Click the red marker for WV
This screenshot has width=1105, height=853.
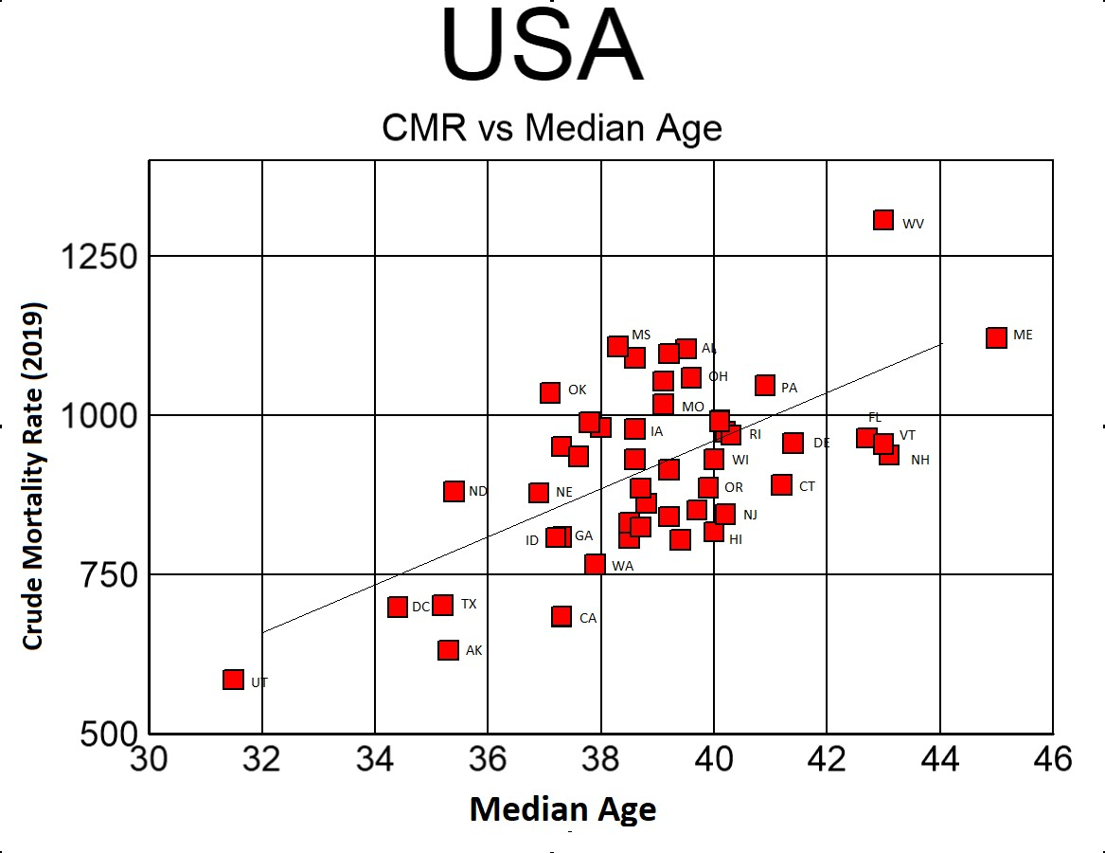coord(883,220)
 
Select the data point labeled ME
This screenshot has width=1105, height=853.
coord(996,337)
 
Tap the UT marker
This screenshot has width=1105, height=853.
coord(234,680)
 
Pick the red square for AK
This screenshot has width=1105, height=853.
coord(449,650)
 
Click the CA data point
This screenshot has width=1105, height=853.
coord(561,617)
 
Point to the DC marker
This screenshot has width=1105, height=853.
coord(398,607)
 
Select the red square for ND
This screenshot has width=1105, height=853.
coord(454,491)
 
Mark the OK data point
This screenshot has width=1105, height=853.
coord(550,392)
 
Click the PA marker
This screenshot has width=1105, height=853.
coord(765,385)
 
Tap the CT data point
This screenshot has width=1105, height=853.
coord(781,485)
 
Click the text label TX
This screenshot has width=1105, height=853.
coord(469,604)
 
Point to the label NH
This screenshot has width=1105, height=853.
coord(919,460)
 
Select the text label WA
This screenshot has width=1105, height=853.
coord(622,566)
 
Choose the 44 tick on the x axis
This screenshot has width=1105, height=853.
coord(940,759)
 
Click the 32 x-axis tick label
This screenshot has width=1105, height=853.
coord(262,759)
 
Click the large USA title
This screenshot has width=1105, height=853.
coord(542,47)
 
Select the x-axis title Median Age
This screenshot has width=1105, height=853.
coord(562,809)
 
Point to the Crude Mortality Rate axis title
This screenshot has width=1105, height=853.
coord(33,477)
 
